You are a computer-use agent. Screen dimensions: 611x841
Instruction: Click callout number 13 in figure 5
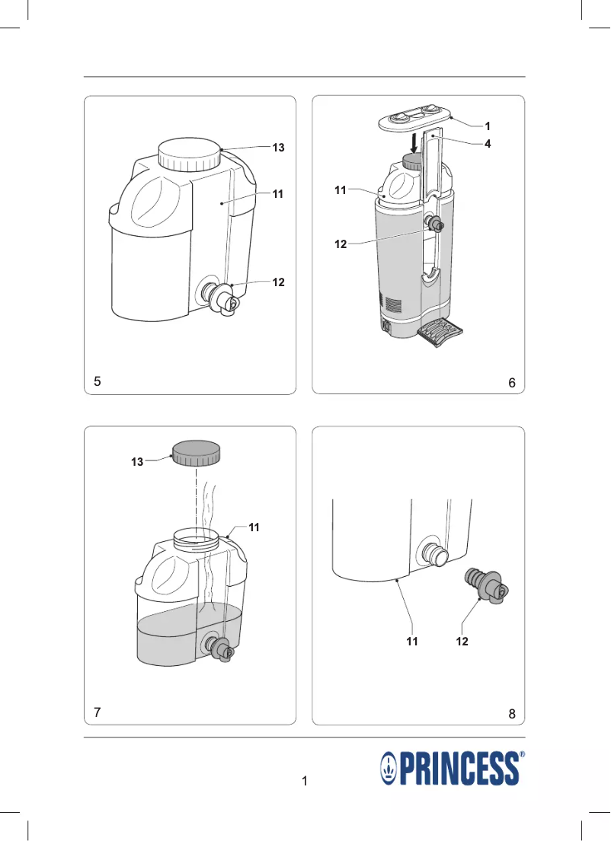coord(278,148)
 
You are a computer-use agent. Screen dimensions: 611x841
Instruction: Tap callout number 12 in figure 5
coord(278,282)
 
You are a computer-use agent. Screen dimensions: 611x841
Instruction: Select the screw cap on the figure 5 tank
coord(190,155)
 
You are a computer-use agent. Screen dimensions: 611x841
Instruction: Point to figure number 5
coord(98,381)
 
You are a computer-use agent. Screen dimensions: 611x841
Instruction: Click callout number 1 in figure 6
coord(488,126)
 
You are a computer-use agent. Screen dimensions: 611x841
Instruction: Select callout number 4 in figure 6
coord(488,144)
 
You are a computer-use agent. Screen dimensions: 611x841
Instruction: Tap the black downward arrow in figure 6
coord(414,143)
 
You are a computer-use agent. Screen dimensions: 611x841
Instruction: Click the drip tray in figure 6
coord(439,332)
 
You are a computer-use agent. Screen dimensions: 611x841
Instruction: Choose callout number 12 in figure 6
coord(341,244)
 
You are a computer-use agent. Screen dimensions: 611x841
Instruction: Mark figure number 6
coord(512,382)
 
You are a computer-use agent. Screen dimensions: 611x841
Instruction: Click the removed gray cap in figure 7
coord(196,454)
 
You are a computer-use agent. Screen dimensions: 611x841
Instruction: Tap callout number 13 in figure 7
coord(137,462)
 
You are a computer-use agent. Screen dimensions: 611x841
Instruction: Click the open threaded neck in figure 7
coord(197,538)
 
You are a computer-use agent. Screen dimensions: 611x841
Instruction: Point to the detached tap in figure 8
coord(485,585)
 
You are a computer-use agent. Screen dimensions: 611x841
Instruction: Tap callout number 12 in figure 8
coord(462,642)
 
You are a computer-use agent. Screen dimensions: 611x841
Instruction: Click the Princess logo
coord(453,768)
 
